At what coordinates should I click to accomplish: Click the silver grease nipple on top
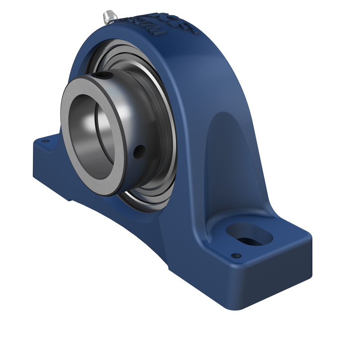tap(109, 17)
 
